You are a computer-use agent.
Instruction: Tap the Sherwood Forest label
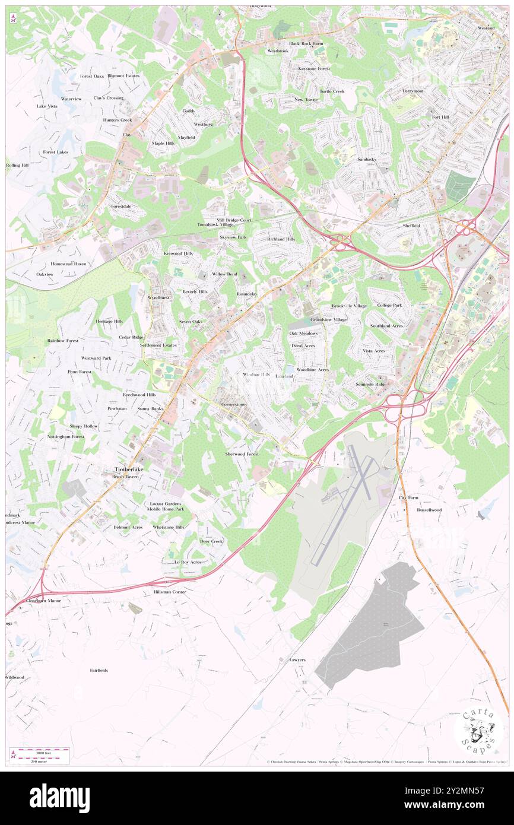tap(242, 454)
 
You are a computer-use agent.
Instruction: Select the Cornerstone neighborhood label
tap(233, 404)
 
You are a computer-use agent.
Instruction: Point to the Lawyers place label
tap(297, 660)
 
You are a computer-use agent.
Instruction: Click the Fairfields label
tap(99, 670)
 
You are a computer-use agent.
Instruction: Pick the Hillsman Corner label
tap(170, 592)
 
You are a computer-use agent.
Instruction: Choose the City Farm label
tap(408, 497)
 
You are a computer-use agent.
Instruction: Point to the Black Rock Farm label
tap(306, 44)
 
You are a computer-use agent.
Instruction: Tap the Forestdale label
tap(120, 206)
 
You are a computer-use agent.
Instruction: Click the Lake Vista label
tap(47, 106)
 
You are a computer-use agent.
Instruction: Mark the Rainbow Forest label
tap(63, 341)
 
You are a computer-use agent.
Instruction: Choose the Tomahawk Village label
tap(215, 225)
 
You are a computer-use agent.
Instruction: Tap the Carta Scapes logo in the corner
tap(478, 730)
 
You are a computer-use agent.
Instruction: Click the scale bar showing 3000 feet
tap(40, 751)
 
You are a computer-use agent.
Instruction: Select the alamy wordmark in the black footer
tap(59, 798)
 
